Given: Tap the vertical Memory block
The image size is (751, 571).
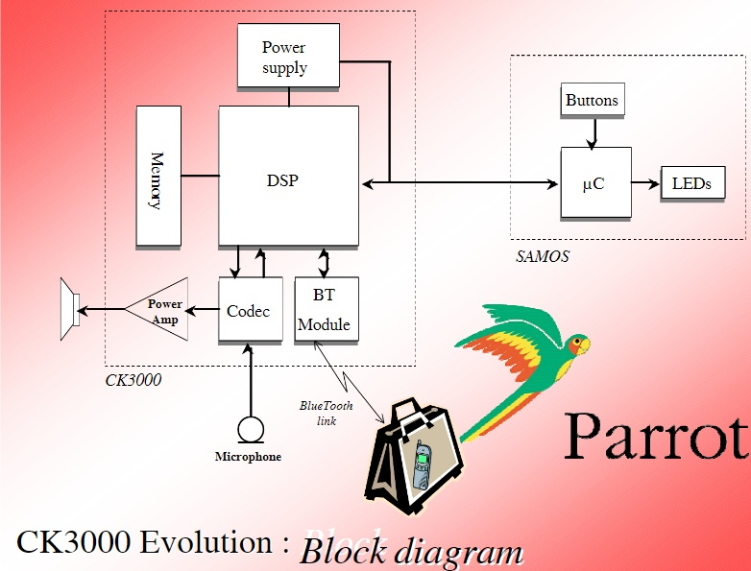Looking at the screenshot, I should pyautogui.click(x=158, y=176).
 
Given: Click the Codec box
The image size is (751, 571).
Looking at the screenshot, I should pyautogui.click(x=250, y=311).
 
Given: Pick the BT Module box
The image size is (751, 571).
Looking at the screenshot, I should pyautogui.click(x=325, y=311).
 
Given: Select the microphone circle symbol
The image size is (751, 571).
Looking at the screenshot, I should pyautogui.click(x=251, y=428).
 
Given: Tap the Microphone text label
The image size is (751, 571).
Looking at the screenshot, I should pyautogui.click(x=248, y=457).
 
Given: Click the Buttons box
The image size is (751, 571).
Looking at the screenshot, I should pyautogui.click(x=592, y=100).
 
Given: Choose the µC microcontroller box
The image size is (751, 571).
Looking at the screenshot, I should pyautogui.click(x=595, y=182).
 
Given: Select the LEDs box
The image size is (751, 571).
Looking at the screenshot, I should pyautogui.click(x=691, y=182).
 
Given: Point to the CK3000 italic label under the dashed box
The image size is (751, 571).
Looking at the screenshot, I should pyautogui.click(x=133, y=380).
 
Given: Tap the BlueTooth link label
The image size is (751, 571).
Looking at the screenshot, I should pyautogui.click(x=327, y=413).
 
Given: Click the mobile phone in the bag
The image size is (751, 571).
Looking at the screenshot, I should pyautogui.click(x=423, y=464).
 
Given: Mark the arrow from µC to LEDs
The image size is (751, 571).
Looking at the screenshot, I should pyautogui.click(x=645, y=182).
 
